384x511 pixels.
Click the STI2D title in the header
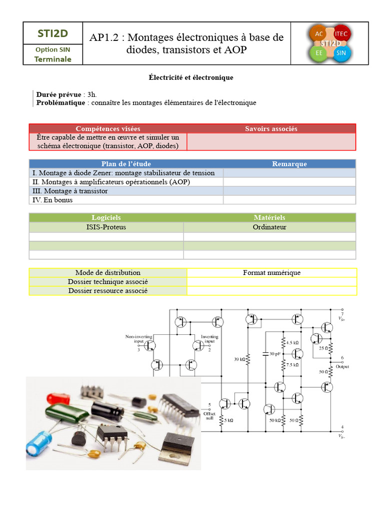coord(52,33)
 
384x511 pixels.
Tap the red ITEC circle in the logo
coord(341,33)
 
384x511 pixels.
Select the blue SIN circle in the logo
coord(341,53)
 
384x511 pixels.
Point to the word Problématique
coord(60,102)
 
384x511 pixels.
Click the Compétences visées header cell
coord(107,129)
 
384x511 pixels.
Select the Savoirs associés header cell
coord(271,129)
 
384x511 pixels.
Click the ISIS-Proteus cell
coord(106,227)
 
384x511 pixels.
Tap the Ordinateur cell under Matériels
coord(269,227)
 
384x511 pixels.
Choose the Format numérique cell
coord(271,272)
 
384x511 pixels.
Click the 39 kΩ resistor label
coord(240,359)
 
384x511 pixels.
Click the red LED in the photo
coord(53,399)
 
